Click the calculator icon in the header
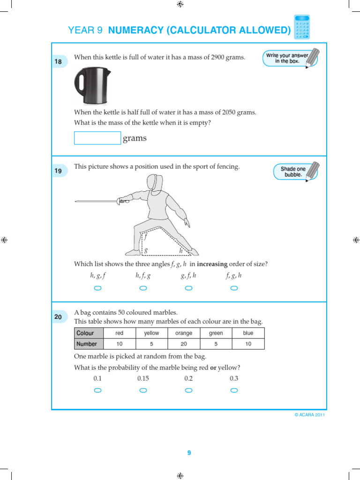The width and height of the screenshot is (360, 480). pos(302,27)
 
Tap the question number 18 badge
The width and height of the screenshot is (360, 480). pos(58,61)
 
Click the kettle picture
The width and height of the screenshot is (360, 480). pos(92,86)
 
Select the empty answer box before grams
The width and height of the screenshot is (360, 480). pos(97,138)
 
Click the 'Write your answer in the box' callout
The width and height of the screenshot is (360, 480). pos(287,58)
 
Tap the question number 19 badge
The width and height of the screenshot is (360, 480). pos(58,171)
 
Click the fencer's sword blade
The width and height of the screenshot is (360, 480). pos(96,202)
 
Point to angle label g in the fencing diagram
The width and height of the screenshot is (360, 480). pos(146,250)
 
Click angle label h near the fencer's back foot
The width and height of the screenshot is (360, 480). pos(181,251)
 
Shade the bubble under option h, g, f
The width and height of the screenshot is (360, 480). pos(98,288)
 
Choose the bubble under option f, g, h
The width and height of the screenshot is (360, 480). pos(234,288)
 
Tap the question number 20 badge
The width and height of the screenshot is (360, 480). pos(58,317)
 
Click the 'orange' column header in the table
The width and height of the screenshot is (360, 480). pos(184,333)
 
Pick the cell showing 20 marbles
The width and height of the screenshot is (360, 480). pos(184,344)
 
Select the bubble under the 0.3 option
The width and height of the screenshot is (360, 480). pos(234,390)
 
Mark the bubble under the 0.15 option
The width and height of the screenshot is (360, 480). pos(143,390)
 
